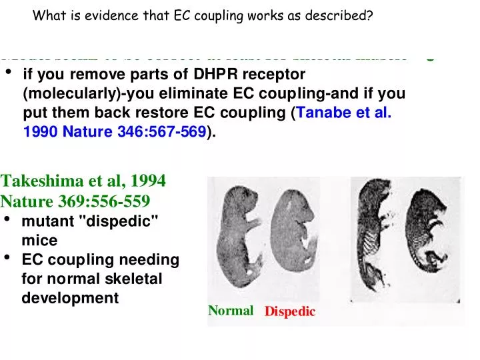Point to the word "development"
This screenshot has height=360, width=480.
tap(69, 298)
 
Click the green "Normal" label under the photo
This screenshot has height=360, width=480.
tap(231, 310)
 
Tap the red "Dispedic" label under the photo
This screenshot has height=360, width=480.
tap(289, 311)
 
